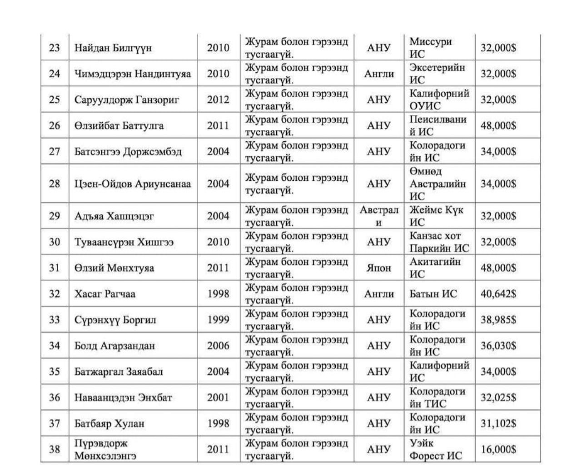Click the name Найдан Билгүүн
pos(113,48)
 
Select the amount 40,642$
pos(498,294)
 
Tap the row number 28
pos(55,184)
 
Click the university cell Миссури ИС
pos(430,48)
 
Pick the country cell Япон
pos(378,268)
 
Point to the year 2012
pos(218,99)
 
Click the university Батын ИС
pos(433,294)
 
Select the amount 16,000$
pos(498,449)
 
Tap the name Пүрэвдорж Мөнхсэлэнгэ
pos(105,449)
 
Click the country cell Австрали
pos(378,216)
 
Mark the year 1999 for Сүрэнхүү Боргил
pos(218,320)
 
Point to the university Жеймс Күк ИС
pos(436,216)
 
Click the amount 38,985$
pos(498,320)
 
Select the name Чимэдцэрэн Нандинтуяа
pos(133,74)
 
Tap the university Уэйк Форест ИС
pos(435,449)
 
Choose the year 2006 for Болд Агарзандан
pos(218,346)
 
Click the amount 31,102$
pos(498,423)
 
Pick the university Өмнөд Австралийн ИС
pos(438,184)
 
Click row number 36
pos(55,397)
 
